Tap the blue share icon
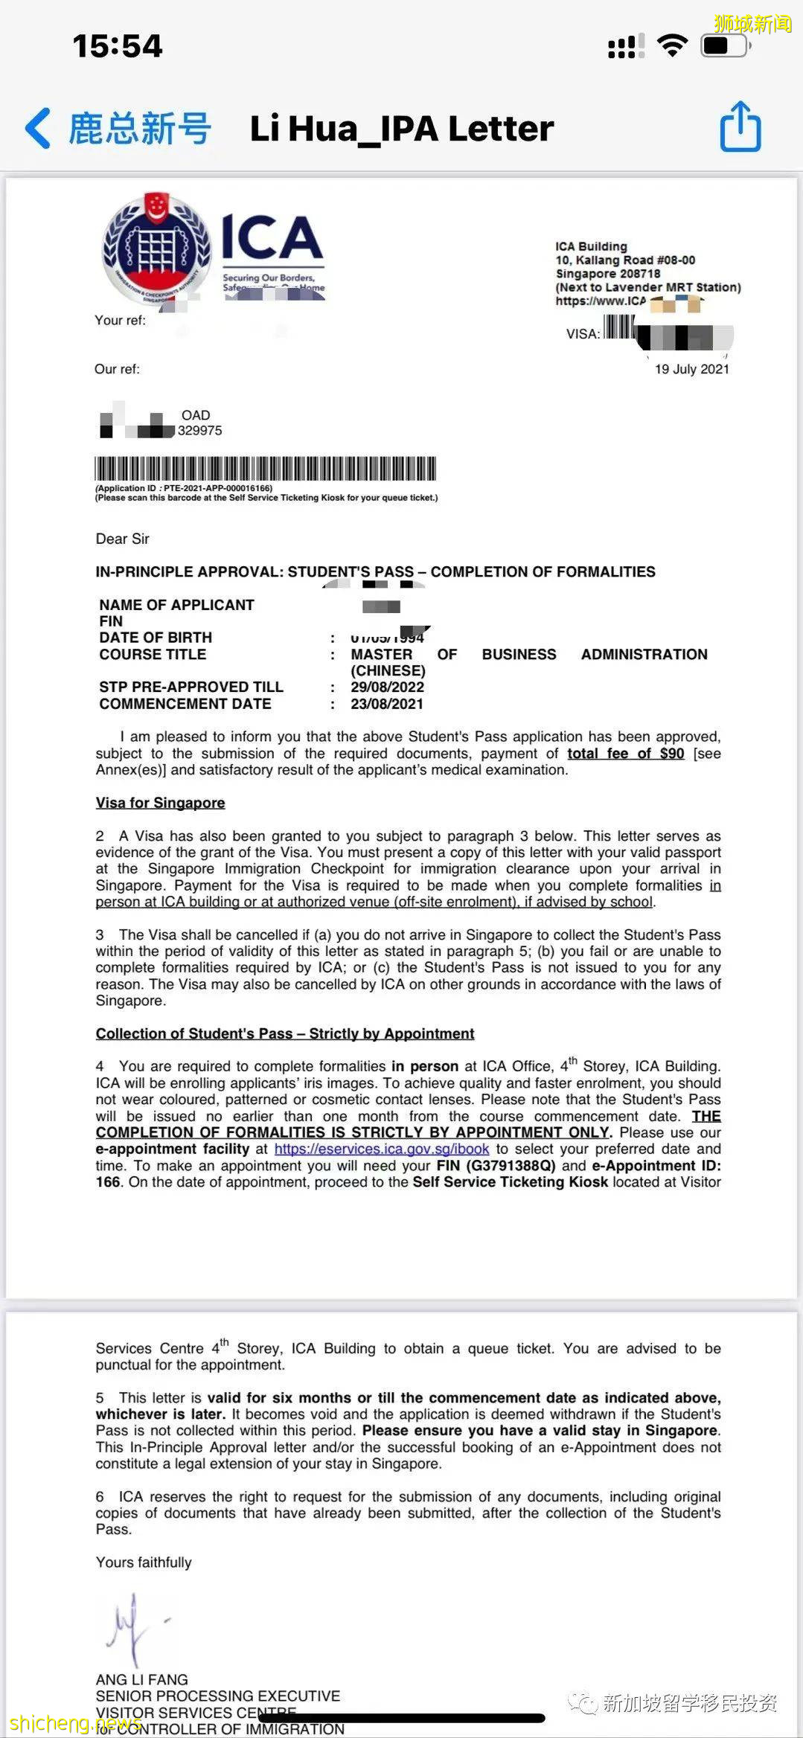point(740,127)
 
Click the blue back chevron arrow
point(38,128)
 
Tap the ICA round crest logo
point(156,248)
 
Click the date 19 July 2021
point(691,369)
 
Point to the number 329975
point(199,431)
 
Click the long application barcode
point(265,469)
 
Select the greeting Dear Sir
point(122,539)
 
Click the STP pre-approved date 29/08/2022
point(387,687)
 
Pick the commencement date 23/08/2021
point(387,704)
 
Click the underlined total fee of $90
point(625,753)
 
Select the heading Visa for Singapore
point(160,803)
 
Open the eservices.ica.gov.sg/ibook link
point(382,1149)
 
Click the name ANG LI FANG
point(141,1679)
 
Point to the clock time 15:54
point(118,46)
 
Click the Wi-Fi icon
point(672,46)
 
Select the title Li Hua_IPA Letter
point(402,129)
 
